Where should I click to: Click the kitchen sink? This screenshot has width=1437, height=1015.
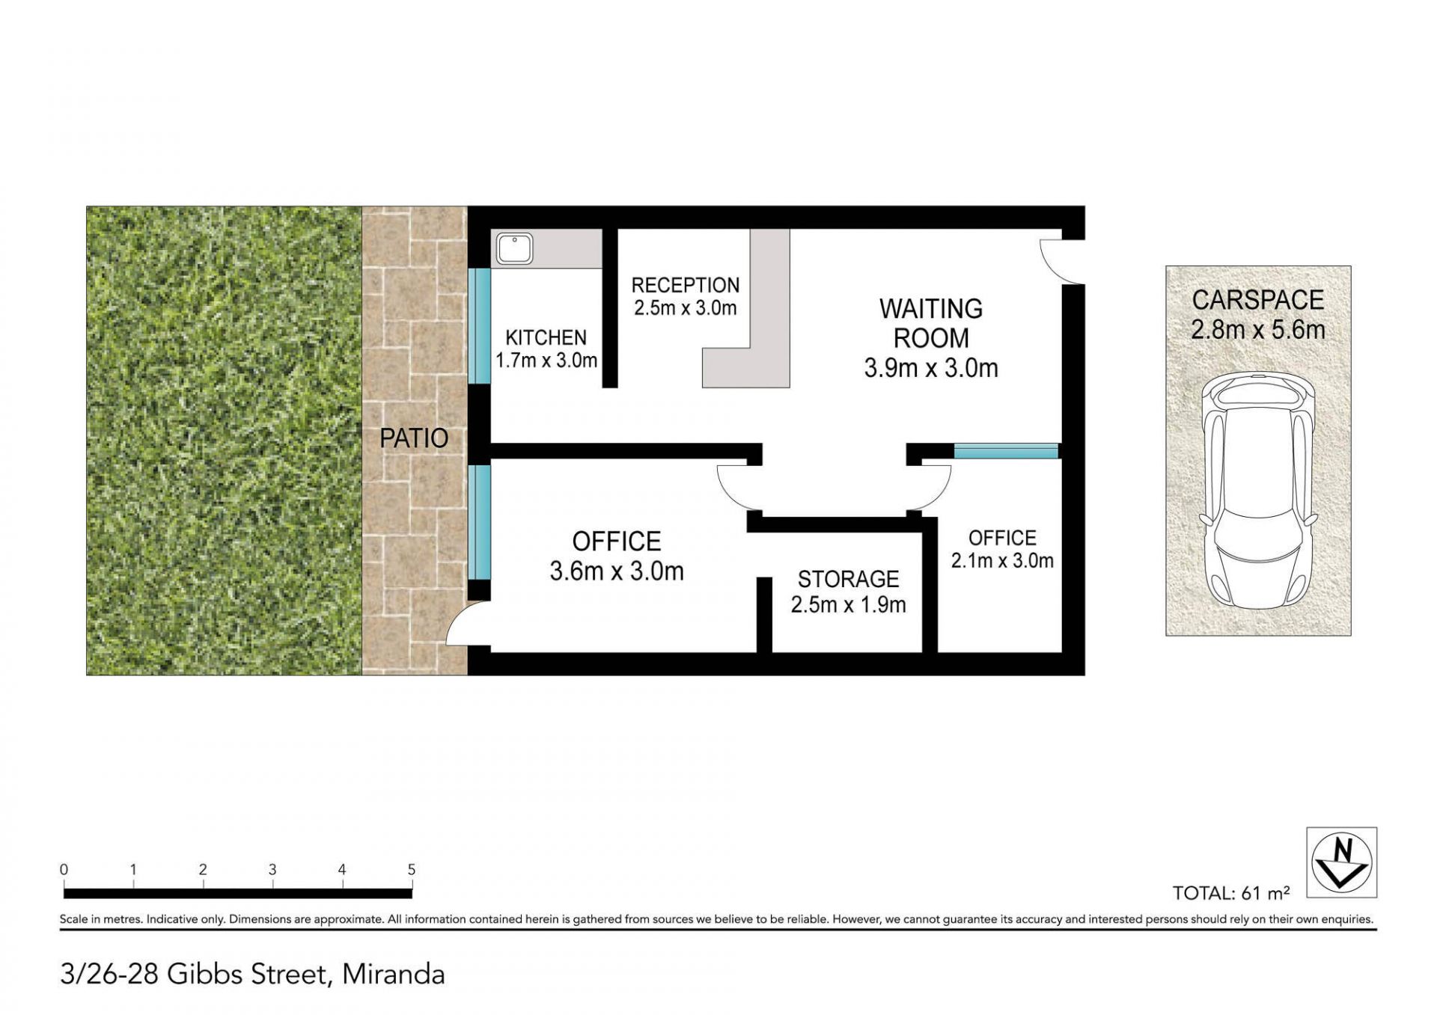pyautogui.click(x=514, y=248)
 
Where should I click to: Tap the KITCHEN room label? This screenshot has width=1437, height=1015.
pyautogui.click(x=546, y=337)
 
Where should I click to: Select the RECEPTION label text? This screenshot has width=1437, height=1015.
pyautogui.click(x=686, y=285)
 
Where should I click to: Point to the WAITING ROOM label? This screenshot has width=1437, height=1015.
pyautogui.click(x=931, y=323)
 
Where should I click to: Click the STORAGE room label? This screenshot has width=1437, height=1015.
pyautogui.click(x=848, y=579)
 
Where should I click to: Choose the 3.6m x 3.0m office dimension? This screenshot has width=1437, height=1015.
pyautogui.click(x=617, y=571)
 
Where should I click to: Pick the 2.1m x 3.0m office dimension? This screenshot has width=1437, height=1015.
pyautogui.click(x=1002, y=560)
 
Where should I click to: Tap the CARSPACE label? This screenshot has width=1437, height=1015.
pyautogui.click(x=1258, y=300)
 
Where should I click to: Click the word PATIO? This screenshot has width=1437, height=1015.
pyautogui.click(x=414, y=438)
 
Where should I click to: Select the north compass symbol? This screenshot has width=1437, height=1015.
pyautogui.click(x=1342, y=862)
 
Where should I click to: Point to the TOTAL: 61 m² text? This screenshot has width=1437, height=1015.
pyautogui.click(x=1231, y=893)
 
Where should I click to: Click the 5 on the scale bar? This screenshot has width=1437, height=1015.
pyautogui.click(x=412, y=869)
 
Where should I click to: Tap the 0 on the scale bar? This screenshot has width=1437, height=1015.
pyautogui.click(x=64, y=869)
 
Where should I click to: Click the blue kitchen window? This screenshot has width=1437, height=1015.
pyautogui.click(x=479, y=326)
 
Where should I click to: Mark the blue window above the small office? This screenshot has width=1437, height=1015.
pyautogui.click(x=1006, y=451)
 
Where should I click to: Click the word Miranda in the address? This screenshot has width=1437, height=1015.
pyautogui.click(x=394, y=974)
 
